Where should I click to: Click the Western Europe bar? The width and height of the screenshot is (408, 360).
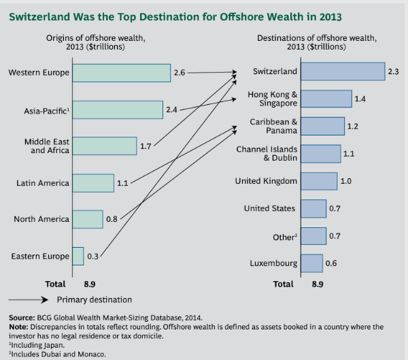pyautogui.click(x=120, y=72)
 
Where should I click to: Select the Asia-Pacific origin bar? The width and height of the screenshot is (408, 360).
pyautogui.click(x=117, y=109)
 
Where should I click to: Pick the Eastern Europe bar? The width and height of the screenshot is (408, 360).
pyautogui.click(x=77, y=256)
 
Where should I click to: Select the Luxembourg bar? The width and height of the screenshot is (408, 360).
pyautogui.click(x=311, y=263)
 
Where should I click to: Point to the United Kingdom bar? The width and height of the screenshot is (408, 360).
pyautogui.click(x=319, y=181)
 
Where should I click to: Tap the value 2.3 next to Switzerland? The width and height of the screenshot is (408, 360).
pyautogui.click(x=394, y=71)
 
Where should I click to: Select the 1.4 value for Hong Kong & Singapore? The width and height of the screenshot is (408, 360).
pyautogui.click(x=360, y=99)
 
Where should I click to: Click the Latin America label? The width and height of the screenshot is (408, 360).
pyautogui.click(x=43, y=182)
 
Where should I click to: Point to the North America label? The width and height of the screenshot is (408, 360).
pyautogui.click(x=41, y=219)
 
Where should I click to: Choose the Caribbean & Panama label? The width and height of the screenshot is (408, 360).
pyautogui.click(x=273, y=126)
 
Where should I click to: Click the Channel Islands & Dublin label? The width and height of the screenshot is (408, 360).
pyautogui.click(x=267, y=153)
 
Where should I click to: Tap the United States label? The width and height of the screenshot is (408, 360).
pyautogui.click(x=270, y=208)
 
